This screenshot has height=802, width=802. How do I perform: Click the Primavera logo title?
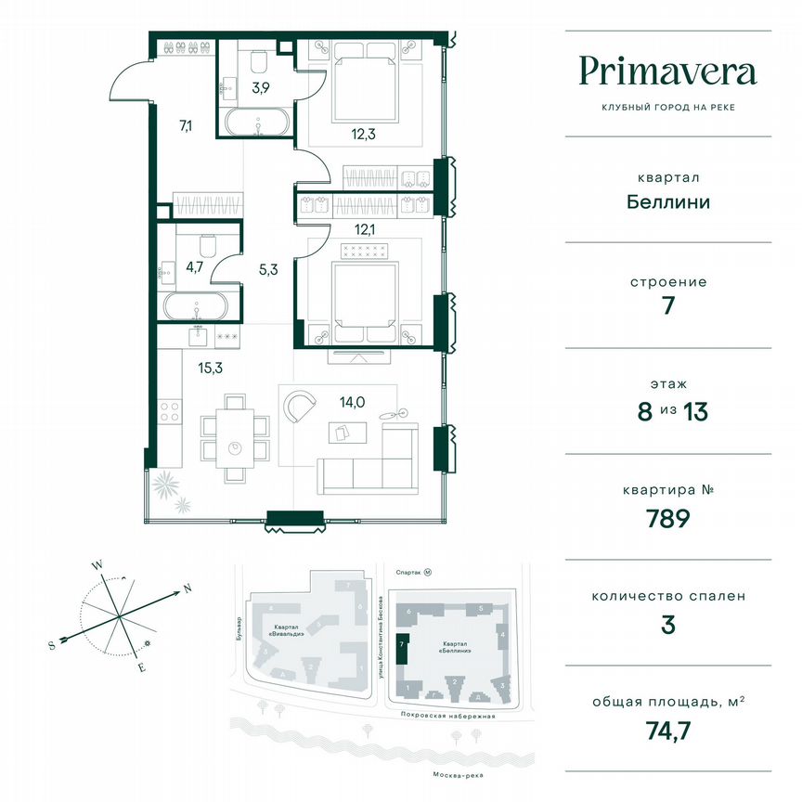(667, 71)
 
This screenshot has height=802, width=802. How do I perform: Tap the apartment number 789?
(667, 517)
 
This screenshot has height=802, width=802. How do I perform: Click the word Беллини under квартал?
(667, 201)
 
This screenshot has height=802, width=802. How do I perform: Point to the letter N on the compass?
(187, 588)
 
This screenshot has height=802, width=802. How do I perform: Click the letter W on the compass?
(96, 563)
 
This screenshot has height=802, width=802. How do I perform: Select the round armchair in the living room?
(302, 405)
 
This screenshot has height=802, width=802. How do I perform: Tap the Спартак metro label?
(408, 574)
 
